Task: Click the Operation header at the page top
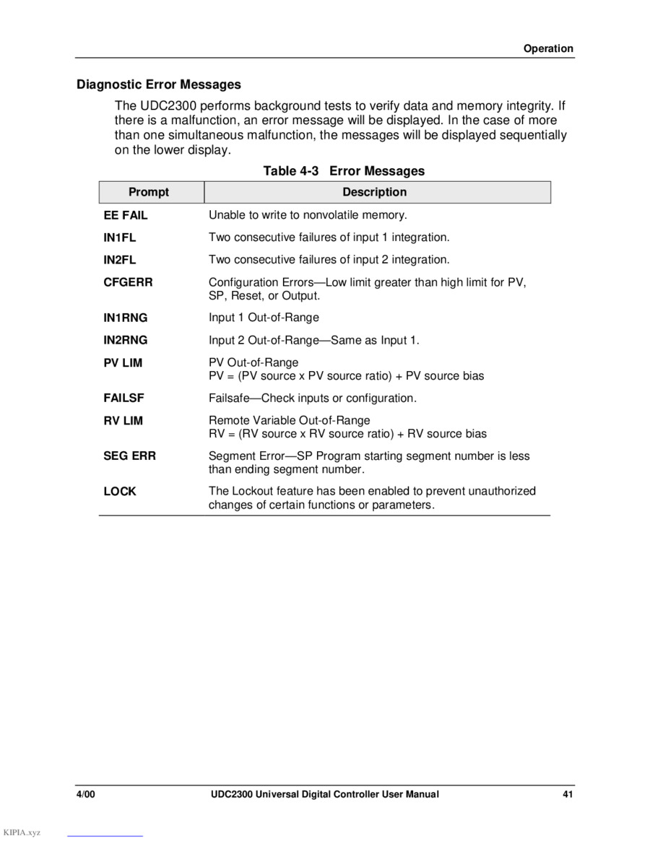coord(548,49)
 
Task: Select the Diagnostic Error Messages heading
coord(159,84)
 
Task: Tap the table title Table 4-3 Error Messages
coord(344,171)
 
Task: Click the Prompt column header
coord(149,192)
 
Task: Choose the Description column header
coord(374,192)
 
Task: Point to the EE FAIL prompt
coord(125,216)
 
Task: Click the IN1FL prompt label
coord(119,238)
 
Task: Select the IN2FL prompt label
coord(119,260)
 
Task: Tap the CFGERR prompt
coord(128,282)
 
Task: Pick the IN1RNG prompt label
coord(125,318)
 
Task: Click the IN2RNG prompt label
coord(125,340)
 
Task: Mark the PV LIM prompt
coord(123,363)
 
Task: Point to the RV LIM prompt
coord(123,421)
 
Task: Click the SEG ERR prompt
coord(129,456)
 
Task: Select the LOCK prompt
coord(119,492)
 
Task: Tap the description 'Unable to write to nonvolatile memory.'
coord(308,216)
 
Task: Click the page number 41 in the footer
coord(568,795)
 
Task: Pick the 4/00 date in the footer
coord(87,795)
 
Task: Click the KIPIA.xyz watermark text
coord(22,833)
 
